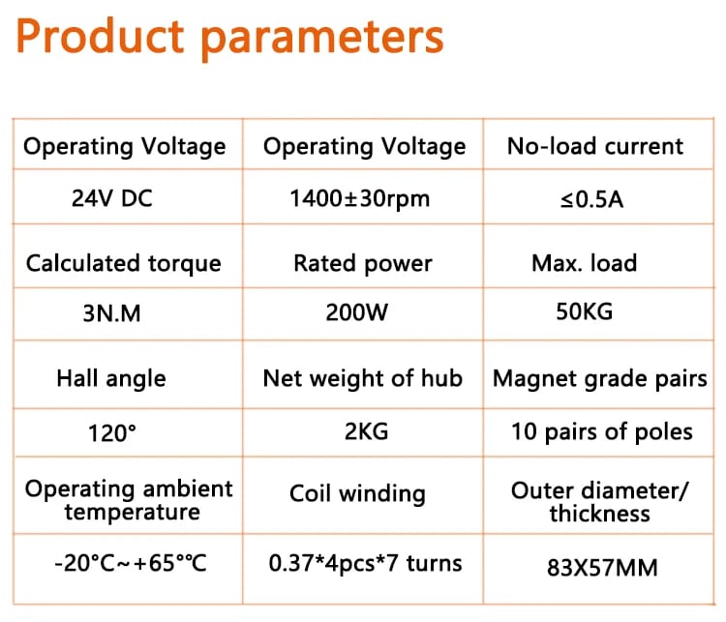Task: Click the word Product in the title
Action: coord(100,36)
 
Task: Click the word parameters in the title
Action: coord(322,41)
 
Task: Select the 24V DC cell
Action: coord(112,198)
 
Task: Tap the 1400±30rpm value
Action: coord(360,199)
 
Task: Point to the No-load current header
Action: coord(595,146)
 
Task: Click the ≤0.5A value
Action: coord(592,199)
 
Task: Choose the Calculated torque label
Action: coord(124,264)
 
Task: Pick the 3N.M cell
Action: coord(111,313)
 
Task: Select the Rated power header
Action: coord(363,264)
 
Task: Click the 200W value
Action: coord(357,312)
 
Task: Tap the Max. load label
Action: coord(585,263)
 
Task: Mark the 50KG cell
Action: coord(585,311)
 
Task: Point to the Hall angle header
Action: coord(111,378)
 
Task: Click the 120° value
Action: coord(112,433)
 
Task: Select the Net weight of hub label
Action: coord(363,378)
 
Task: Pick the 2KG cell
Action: coord(366,431)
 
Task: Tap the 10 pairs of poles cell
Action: coord(602,432)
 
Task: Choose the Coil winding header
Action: coord(357,493)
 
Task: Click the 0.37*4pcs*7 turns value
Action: coord(365,564)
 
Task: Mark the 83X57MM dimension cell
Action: coord(602,568)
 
